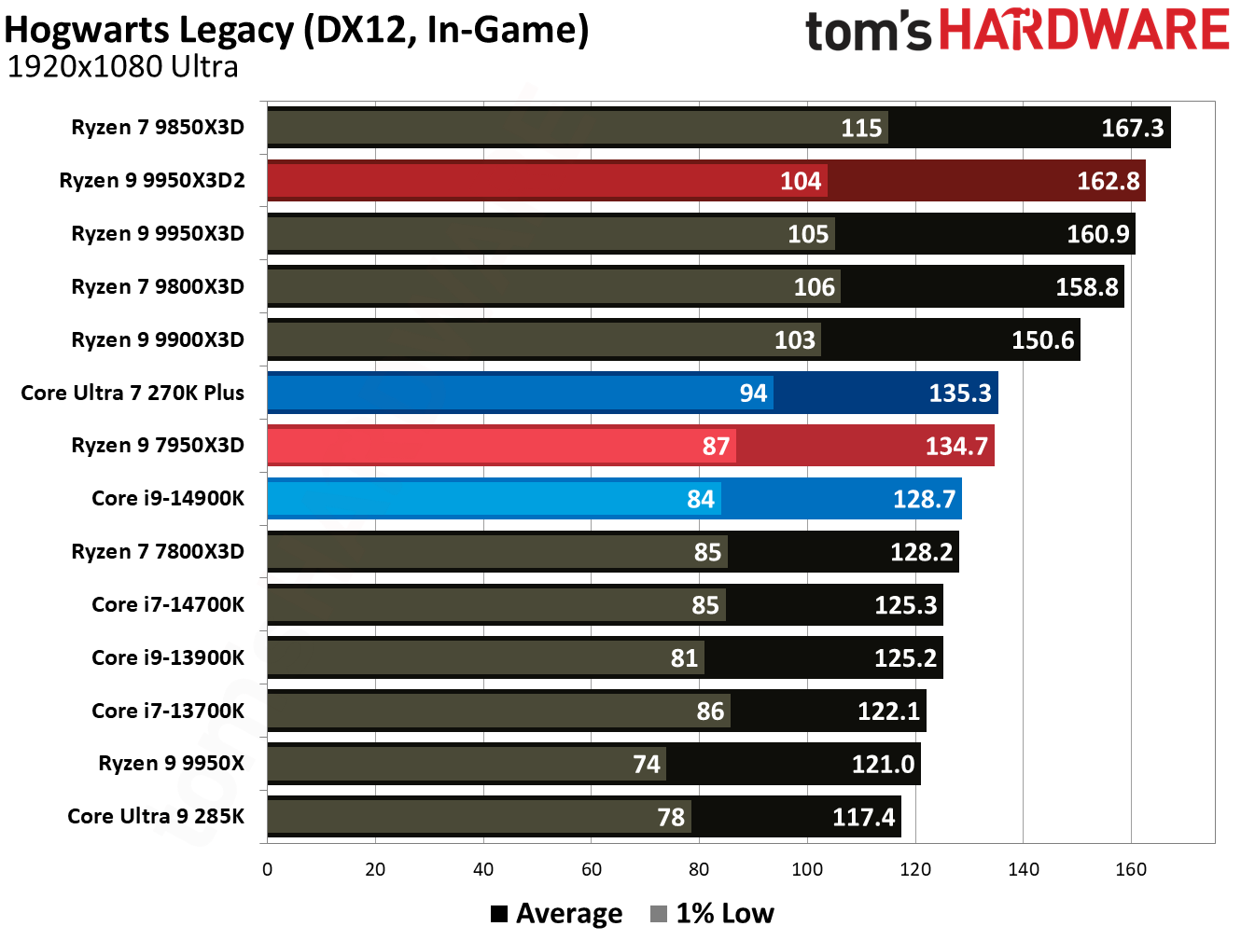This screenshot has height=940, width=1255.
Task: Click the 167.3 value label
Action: [1132, 128]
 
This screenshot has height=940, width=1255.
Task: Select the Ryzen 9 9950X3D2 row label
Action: [152, 180]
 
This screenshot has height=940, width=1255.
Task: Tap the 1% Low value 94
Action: [753, 394]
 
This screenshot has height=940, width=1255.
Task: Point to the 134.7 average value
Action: [955, 447]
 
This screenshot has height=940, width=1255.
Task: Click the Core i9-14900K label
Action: [168, 498]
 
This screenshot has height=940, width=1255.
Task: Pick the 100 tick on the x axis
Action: [807, 869]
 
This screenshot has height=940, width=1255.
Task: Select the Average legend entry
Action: [557, 913]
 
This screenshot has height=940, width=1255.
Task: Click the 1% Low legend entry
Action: [713, 913]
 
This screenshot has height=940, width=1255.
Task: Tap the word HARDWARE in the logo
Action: [1083, 30]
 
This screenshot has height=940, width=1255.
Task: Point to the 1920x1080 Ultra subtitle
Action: [122, 67]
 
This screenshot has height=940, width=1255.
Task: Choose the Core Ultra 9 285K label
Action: [156, 816]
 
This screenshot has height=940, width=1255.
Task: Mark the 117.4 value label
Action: [863, 818]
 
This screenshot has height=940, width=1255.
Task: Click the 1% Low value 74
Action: [646, 765]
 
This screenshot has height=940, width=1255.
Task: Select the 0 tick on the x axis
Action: [268, 869]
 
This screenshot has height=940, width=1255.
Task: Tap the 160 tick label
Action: [1131, 869]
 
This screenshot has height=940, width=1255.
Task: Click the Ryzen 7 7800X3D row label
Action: [158, 551]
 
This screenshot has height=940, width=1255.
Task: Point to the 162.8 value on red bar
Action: [1108, 181]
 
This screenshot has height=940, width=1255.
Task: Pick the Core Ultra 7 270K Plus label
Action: [132, 393]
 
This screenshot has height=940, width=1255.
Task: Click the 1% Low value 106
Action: [814, 287]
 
